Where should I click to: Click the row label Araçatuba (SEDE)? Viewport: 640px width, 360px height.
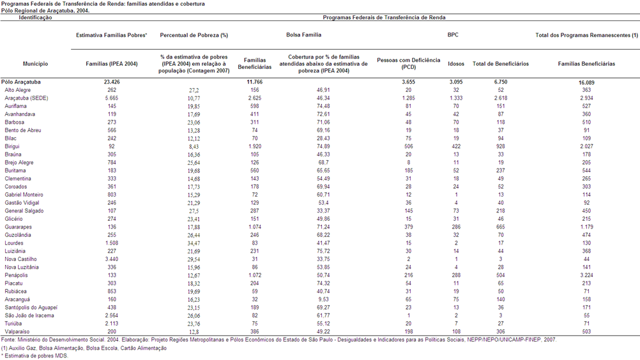pyautogui.click(x=26, y=98)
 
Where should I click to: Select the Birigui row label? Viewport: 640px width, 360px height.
pyautogui.click(x=12, y=146)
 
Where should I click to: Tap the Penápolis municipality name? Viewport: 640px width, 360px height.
pyautogui.click(x=17, y=275)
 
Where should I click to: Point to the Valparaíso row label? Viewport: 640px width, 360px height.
pyautogui.click(x=17, y=331)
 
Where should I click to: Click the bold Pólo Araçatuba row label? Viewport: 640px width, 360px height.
pyautogui.click(x=21, y=82)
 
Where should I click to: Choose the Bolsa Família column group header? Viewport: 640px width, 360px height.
pyautogui.click(x=303, y=35)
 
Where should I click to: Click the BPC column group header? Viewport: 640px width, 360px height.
pyautogui.click(x=453, y=35)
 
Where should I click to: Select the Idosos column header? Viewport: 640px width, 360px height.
pyautogui.click(x=456, y=64)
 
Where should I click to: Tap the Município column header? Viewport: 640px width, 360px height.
pyautogui.click(x=36, y=64)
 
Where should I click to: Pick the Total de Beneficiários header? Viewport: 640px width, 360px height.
pyautogui.click(x=501, y=64)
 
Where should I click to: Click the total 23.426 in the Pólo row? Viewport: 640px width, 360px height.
pyautogui.click(x=112, y=82)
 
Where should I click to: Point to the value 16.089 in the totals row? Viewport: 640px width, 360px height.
pyautogui.click(x=586, y=82)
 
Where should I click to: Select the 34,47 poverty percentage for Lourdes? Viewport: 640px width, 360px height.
pyautogui.click(x=194, y=243)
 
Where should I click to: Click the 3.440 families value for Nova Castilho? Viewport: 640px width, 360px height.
pyautogui.click(x=112, y=259)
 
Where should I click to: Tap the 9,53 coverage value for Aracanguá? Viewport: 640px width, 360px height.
pyautogui.click(x=323, y=299)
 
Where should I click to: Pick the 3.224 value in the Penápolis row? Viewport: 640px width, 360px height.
pyautogui.click(x=586, y=275)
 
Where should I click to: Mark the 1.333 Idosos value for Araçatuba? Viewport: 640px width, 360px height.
pyautogui.click(x=456, y=98)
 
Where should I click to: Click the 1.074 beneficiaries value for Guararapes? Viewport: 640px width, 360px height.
pyautogui.click(x=255, y=227)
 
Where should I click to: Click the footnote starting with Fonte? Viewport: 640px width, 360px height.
pyautogui.click(x=278, y=340)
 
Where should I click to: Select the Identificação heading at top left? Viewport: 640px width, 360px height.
pyautogui.click(x=36, y=17)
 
